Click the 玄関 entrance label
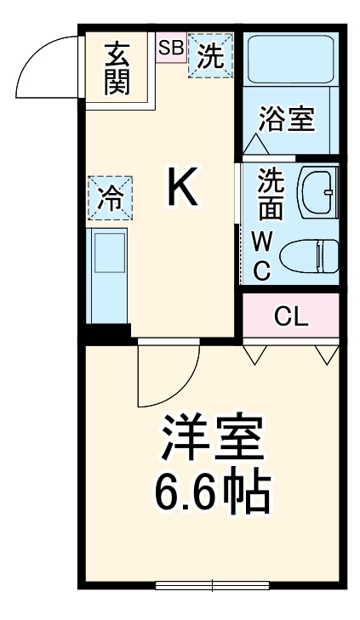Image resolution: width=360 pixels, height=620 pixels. [117, 67]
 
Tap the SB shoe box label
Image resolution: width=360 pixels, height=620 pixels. [170, 48]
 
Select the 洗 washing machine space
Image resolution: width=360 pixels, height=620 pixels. [209, 55]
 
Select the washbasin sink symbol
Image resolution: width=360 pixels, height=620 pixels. [319, 192]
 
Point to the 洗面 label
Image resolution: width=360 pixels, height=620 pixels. [270, 195]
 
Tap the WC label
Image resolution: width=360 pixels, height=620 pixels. [261, 256]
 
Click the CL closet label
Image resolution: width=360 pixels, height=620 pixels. [290, 317]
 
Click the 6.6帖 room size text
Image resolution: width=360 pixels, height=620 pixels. [212, 491]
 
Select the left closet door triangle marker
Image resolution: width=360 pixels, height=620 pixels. [254, 353]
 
